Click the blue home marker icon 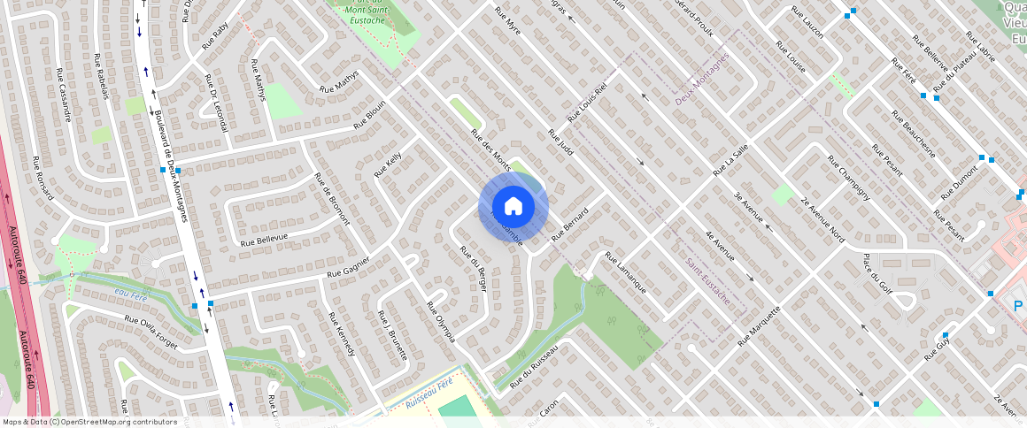513,207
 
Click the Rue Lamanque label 625,273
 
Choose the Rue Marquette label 759,325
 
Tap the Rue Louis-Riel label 587,103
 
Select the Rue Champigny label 848,178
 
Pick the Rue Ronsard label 42,180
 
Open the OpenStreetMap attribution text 90,422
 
